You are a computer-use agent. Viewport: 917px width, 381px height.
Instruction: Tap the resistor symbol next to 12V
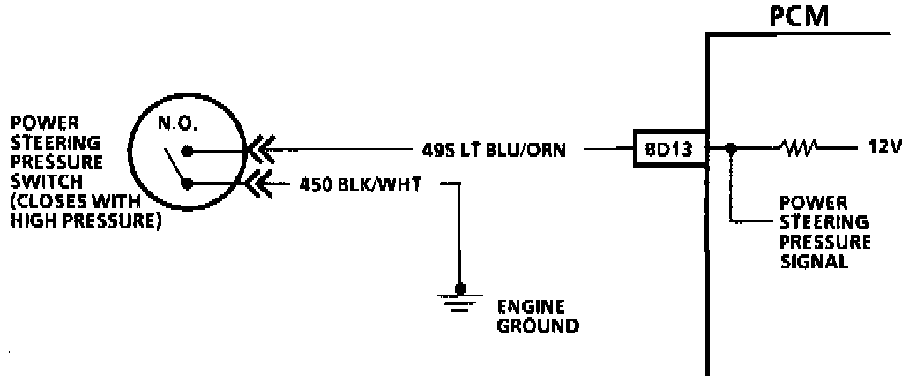[799, 148]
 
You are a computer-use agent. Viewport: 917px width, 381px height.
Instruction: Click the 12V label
[883, 148]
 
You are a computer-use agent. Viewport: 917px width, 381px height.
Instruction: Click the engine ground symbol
[458, 300]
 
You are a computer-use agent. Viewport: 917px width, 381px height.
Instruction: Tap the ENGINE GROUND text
[538, 317]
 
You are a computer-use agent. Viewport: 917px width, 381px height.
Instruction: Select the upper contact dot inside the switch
[187, 150]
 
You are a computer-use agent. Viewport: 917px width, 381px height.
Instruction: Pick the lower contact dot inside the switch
[187, 184]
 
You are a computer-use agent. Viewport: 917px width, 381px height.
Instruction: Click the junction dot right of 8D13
[730, 149]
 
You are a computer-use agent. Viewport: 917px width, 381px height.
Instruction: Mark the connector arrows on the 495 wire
[260, 150]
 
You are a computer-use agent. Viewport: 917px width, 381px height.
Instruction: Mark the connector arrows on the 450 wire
[260, 184]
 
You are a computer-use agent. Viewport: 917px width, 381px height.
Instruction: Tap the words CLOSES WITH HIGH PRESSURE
[85, 215]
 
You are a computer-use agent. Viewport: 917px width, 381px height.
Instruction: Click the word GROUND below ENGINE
[538, 326]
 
